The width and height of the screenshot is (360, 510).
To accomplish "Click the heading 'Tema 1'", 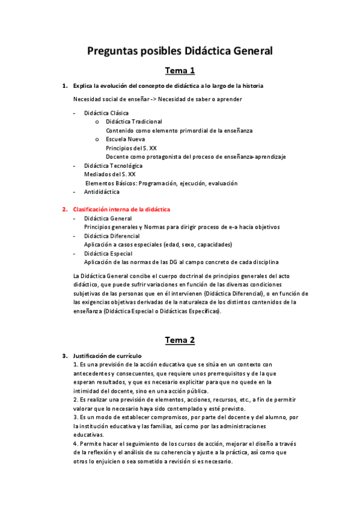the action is click(180, 71).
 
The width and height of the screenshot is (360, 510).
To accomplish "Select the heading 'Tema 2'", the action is click(180, 340).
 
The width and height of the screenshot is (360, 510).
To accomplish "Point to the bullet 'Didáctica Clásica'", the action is click(106, 113).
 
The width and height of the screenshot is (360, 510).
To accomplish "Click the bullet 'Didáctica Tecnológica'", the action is click(114, 165).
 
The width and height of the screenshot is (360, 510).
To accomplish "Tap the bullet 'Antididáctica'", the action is click(102, 192).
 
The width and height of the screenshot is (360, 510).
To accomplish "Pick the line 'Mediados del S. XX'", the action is click(110, 174).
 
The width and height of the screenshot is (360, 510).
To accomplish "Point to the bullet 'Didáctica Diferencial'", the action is click(112, 236).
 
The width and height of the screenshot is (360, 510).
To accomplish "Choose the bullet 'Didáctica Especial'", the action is click(108, 253).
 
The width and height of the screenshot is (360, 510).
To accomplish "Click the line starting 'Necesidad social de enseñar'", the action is click(157, 99).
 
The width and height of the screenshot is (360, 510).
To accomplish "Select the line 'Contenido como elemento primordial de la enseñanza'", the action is click(179, 131).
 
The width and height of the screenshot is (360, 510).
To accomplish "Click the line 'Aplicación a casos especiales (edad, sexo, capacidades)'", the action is click(158, 245).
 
